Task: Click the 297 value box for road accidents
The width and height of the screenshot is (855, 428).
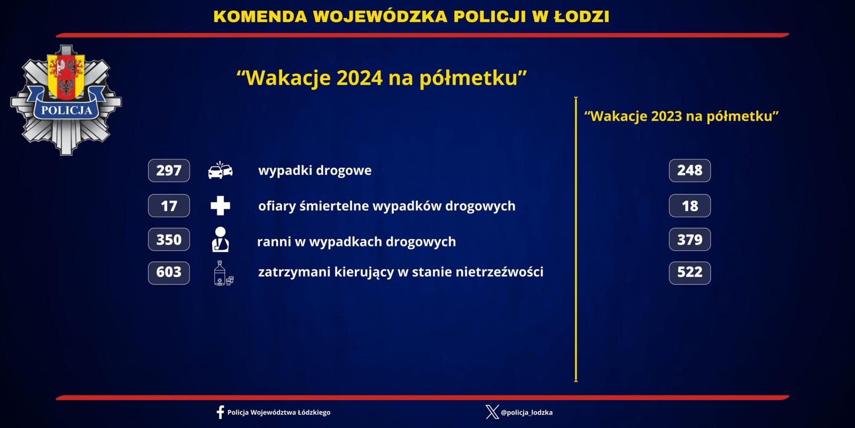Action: (x=169, y=171)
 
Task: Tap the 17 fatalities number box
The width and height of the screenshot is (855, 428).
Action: (x=169, y=205)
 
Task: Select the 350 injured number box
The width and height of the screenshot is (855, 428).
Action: (x=169, y=239)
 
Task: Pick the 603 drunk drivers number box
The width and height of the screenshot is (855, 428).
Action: (x=169, y=273)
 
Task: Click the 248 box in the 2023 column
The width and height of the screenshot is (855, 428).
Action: (x=690, y=171)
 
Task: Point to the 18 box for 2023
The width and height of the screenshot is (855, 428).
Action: (x=690, y=205)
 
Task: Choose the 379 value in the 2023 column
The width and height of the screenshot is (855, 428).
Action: (x=690, y=239)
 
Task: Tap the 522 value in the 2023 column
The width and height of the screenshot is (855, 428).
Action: (x=690, y=273)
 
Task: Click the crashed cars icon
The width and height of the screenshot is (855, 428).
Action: (x=220, y=171)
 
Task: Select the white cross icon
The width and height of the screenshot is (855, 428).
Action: (x=220, y=205)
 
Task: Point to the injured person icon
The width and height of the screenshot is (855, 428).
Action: (x=220, y=240)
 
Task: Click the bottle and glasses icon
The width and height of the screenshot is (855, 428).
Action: (x=223, y=273)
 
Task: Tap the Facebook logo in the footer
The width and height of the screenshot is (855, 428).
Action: (x=220, y=412)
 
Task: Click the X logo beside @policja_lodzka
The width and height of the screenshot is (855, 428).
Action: (x=492, y=412)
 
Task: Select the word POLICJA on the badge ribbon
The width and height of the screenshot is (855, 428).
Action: (x=67, y=110)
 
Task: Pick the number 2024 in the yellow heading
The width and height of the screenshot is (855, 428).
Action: (x=359, y=78)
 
